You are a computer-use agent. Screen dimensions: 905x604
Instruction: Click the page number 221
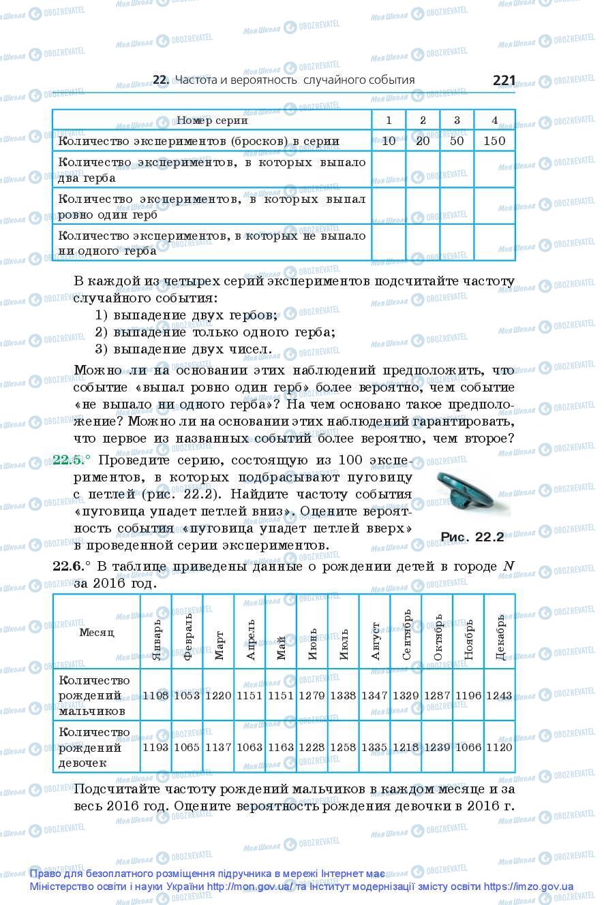(504, 80)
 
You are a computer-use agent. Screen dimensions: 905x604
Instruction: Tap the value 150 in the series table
(494, 141)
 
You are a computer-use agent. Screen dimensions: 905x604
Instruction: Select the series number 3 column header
(457, 121)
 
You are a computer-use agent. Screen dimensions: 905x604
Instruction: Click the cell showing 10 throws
(389, 141)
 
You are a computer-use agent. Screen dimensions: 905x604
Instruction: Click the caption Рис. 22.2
(472, 537)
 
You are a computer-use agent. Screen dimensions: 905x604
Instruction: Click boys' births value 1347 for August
(374, 696)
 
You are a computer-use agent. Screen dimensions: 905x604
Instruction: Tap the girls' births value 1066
(468, 747)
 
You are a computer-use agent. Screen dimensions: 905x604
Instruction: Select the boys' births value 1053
(187, 696)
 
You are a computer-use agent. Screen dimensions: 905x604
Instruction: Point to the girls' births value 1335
(374, 747)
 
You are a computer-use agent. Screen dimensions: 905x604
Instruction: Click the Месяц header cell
(97, 632)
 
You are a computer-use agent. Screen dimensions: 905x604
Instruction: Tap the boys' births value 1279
(312, 696)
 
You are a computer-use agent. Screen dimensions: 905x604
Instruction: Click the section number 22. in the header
(161, 80)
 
